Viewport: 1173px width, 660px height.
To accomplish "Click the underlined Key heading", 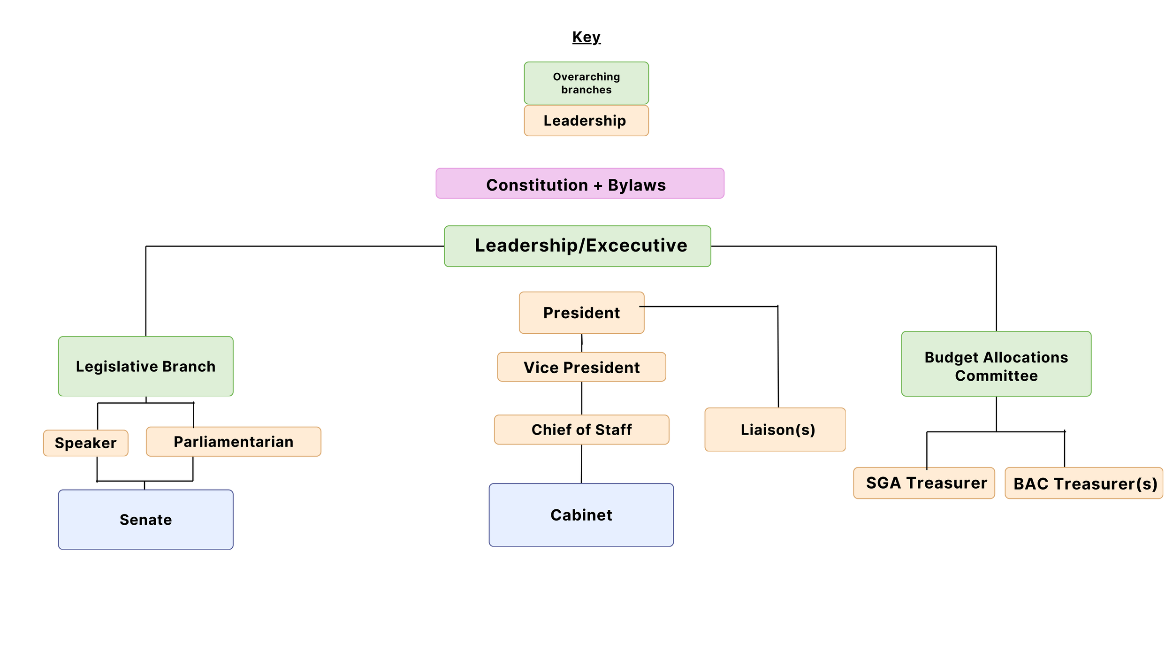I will [x=586, y=37].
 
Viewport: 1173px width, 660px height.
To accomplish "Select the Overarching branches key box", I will [x=586, y=83].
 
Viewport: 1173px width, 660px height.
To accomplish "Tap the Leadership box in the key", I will [x=586, y=121].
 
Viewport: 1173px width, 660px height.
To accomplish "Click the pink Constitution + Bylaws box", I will [x=579, y=184].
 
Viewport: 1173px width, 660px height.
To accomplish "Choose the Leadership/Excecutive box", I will [x=577, y=246].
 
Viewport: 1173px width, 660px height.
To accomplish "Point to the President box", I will [x=581, y=313].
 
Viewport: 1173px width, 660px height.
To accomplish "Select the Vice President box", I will [x=581, y=367].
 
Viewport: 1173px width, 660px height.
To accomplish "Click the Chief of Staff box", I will [x=581, y=430].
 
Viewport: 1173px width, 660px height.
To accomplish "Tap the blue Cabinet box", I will [x=581, y=515].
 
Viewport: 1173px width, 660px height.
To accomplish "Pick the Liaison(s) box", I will [x=775, y=430].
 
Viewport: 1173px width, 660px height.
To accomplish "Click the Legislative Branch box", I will [x=145, y=366].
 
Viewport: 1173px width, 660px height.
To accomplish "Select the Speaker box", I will [x=85, y=443].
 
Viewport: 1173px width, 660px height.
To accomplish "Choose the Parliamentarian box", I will [x=233, y=442].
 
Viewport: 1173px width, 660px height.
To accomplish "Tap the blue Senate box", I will [x=145, y=520].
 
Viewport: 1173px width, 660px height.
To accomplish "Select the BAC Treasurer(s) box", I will [x=1083, y=483].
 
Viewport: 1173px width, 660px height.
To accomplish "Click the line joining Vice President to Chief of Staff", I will [x=582, y=398].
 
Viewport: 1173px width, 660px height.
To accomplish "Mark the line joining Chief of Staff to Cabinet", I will [x=581, y=464].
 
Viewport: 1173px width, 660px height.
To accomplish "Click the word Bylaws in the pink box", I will [x=637, y=185].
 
